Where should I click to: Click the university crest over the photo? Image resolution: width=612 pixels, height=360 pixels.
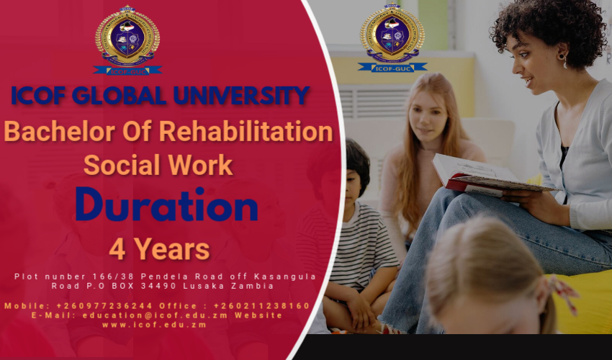[x=392, y=36]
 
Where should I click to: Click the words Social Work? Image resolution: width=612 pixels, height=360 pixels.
[x=158, y=164]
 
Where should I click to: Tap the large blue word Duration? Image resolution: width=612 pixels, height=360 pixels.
[x=166, y=205]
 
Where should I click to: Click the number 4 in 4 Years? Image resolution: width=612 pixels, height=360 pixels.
[x=117, y=249]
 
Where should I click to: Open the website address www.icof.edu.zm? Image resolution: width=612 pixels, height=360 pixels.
[x=154, y=325]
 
